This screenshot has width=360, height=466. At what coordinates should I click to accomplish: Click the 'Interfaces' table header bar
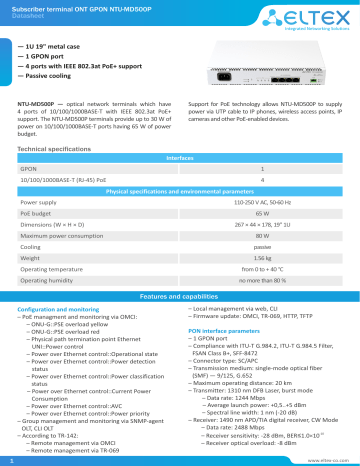(179, 157)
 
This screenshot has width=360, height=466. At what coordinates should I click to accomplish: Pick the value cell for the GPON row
(261, 169)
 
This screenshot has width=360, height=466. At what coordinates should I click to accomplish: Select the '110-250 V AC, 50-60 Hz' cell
(261, 202)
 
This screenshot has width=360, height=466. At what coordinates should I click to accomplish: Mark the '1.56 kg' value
(261, 257)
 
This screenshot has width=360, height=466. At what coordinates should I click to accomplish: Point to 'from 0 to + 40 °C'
(261, 268)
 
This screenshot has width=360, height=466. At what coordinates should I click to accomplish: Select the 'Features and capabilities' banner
(179, 297)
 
